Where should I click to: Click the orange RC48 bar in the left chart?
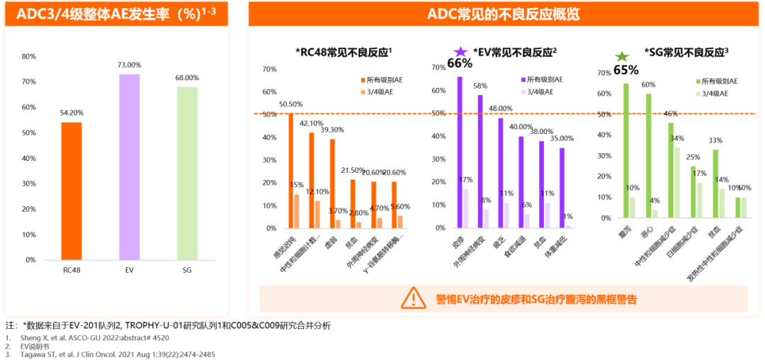click(72, 191)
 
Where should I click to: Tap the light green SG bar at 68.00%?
click(187, 173)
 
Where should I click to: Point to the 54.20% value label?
click(72, 112)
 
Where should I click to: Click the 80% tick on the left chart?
click(28, 57)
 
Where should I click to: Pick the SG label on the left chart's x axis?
click(187, 270)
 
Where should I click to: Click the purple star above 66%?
click(460, 51)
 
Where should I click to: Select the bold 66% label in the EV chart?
click(460, 63)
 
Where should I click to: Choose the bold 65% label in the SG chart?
click(625, 70)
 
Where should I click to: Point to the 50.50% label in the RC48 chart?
click(290, 104)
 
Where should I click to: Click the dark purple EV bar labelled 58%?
click(480, 162)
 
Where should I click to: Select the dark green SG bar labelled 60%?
click(649, 155)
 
